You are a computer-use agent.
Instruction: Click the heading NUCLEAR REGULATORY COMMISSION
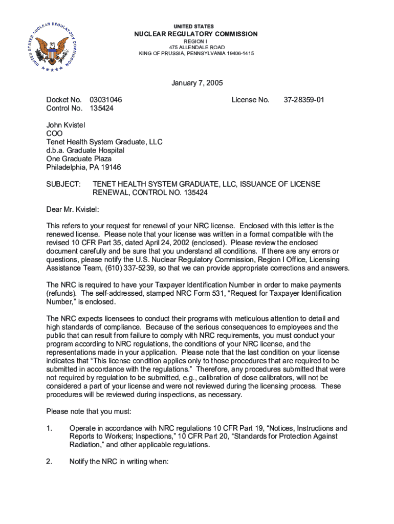click(x=196, y=34)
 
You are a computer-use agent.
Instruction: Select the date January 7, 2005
click(x=197, y=83)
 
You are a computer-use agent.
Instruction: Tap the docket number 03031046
click(x=105, y=100)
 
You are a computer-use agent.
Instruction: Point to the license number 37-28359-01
click(x=304, y=100)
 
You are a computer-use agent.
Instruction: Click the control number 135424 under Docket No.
click(x=101, y=108)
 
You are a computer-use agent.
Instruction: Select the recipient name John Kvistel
click(x=66, y=125)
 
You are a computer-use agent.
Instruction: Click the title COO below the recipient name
click(x=54, y=134)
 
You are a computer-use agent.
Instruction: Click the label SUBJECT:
click(x=63, y=184)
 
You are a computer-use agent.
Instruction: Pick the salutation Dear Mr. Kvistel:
click(x=73, y=209)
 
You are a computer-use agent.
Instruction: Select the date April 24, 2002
click(x=178, y=243)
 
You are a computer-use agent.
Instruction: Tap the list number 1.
click(x=49, y=428)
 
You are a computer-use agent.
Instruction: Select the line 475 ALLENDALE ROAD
click(x=196, y=47)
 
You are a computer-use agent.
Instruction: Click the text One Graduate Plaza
click(x=79, y=159)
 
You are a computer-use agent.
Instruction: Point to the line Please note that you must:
click(x=89, y=411)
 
